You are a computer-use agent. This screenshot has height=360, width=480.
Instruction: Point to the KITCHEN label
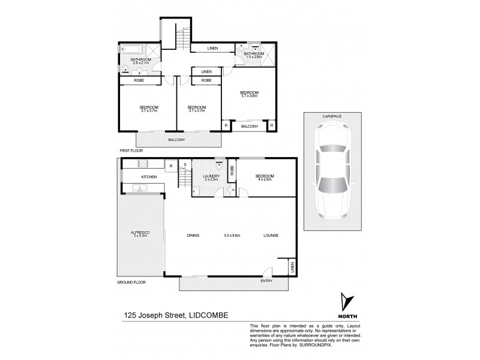click(x=149, y=178)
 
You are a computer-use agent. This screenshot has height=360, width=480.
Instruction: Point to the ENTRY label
click(x=266, y=280)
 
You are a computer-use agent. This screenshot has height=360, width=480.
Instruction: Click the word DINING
click(x=193, y=235)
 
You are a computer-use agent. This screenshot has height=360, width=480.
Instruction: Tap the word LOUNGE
click(x=271, y=235)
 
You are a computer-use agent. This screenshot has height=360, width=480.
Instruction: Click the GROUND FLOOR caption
click(x=131, y=281)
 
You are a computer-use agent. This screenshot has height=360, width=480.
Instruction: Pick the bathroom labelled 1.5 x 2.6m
click(x=254, y=54)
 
